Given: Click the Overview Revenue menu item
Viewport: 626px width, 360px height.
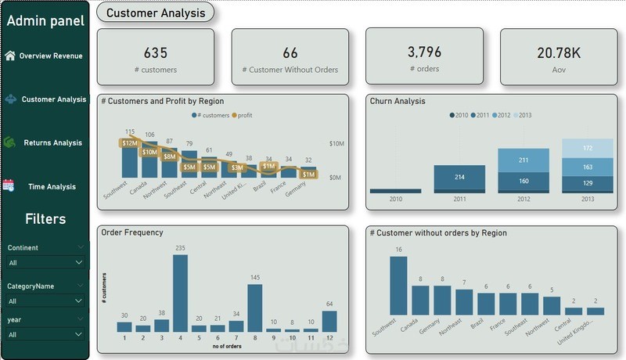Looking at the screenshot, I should click(50, 56).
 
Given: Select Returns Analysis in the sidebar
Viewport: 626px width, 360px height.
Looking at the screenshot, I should click(52, 143).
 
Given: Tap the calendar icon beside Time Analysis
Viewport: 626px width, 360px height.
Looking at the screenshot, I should click(9, 186).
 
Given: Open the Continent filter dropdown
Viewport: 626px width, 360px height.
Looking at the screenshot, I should click(45, 263).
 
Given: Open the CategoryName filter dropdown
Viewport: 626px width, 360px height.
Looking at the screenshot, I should click(45, 301).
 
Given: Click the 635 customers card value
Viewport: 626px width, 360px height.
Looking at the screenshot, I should click(156, 53).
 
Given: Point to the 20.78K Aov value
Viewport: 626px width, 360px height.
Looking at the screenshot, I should click(559, 53).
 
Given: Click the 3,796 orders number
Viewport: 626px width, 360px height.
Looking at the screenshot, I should click(425, 52).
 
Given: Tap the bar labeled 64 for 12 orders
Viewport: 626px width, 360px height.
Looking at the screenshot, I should click(329, 322).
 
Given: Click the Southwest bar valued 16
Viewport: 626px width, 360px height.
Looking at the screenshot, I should click(399, 286).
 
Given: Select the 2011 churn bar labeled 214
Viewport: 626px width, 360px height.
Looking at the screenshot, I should click(460, 178).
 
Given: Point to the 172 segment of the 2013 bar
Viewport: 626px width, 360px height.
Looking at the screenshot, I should click(587, 149).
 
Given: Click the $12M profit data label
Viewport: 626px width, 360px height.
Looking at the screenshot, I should click(130, 142).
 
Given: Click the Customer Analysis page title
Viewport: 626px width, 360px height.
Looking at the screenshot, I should click(155, 13).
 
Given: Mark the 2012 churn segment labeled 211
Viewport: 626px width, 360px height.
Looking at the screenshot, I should click(523, 160).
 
